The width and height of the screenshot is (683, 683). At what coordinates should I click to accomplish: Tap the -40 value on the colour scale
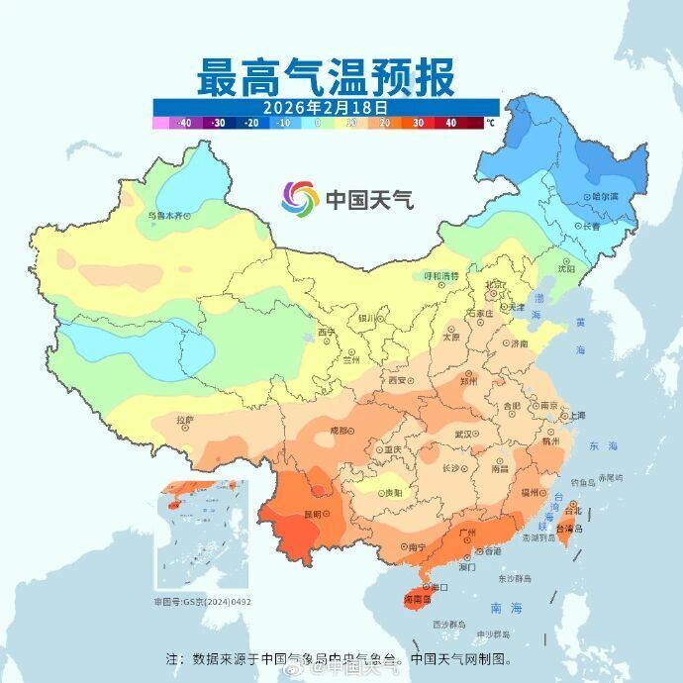click(x=183, y=123)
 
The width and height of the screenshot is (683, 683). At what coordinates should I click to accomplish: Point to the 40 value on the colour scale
click(x=450, y=123)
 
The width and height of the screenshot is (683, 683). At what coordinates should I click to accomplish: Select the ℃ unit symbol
click(x=489, y=124)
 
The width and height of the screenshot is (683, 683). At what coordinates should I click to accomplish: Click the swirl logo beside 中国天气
click(x=300, y=199)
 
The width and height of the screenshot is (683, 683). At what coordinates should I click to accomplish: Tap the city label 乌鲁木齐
click(x=167, y=214)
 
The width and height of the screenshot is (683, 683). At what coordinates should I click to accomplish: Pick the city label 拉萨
click(x=185, y=420)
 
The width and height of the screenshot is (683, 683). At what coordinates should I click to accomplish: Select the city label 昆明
click(x=313, y=514)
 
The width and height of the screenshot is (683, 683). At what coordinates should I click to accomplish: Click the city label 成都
click(x=340, y=431)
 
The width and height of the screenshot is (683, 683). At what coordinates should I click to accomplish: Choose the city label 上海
click(x=574, y=415)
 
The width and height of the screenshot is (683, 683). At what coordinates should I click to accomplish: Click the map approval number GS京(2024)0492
click(x=202, y=601)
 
